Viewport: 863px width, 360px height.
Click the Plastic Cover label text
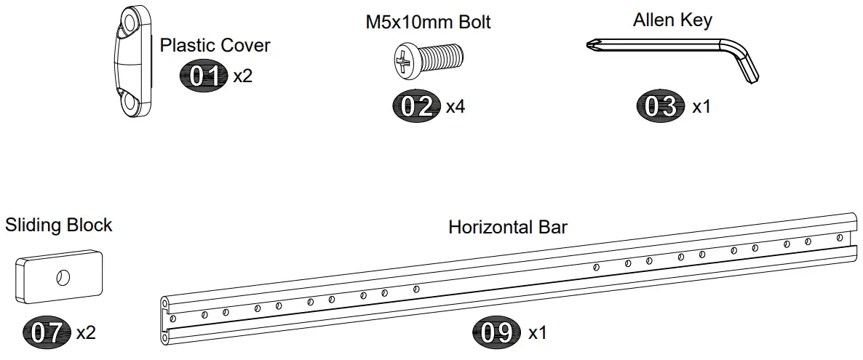[215, 46]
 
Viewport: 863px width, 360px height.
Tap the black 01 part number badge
[204, 75]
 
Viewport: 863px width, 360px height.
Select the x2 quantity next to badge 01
[243, 76]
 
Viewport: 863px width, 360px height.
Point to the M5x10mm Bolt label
[428, 22]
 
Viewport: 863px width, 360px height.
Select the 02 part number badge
[417, 106]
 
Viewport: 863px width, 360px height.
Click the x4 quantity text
[456, 107]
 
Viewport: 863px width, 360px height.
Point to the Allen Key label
[672, 20]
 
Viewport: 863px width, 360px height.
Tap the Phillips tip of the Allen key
[592, 47]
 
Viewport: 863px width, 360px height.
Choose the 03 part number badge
[661, 106]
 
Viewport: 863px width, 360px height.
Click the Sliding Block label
[59, 225]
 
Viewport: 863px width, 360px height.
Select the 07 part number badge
[47, 332]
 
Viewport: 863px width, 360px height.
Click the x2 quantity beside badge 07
[86, 333]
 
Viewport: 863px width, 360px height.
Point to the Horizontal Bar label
[507, 227]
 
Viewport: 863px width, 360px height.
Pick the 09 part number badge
[498, 333]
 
